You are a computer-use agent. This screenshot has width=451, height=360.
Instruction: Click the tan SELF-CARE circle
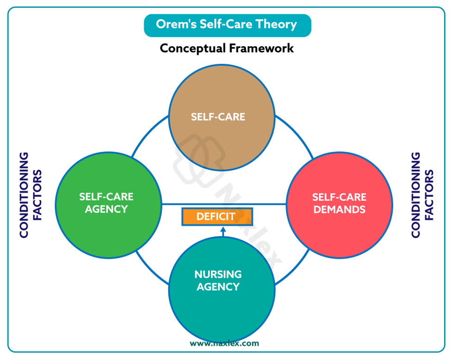coord(218,116)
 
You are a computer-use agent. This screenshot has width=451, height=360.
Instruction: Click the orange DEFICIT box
coord(216,216)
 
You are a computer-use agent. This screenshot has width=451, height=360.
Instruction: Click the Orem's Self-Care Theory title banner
coord(227,25)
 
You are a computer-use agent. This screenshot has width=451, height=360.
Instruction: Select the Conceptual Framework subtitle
coord(227,48)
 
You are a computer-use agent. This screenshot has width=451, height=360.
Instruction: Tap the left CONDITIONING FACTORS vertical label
coord(30,195)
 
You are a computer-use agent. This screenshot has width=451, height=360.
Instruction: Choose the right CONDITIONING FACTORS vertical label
coord(422,195)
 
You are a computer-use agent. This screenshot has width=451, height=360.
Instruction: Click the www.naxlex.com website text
coord(224,343)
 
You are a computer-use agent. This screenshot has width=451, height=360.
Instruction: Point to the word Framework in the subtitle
coord(263,48)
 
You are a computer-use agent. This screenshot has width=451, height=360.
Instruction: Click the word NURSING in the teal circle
coord(218,275)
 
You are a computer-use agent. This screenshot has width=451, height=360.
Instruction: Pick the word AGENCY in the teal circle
coord(218,287)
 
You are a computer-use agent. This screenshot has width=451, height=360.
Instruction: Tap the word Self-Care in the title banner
coord(227,24)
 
